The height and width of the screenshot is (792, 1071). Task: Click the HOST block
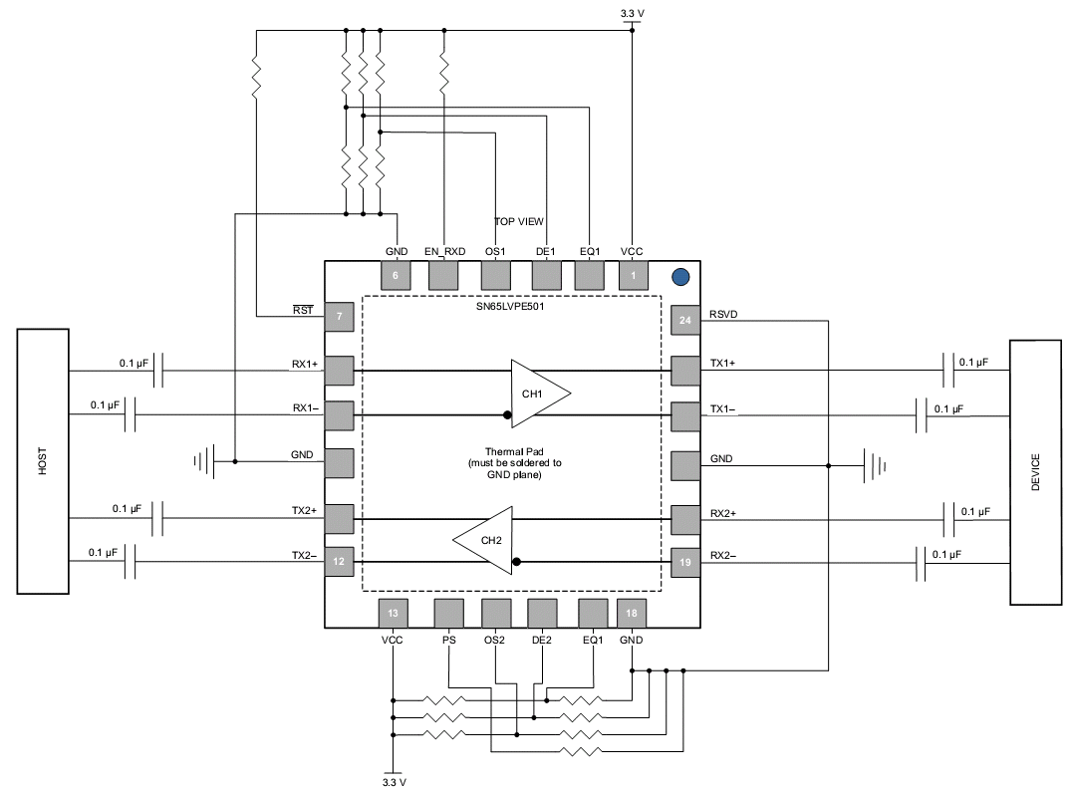coord(43,461)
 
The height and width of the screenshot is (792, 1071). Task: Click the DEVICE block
coord(1035,472)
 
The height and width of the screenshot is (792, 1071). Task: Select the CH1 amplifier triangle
coord(541,394)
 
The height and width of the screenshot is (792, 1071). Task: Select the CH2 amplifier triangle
coord(482,540)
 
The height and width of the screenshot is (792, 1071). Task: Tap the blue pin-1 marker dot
coord(680,277)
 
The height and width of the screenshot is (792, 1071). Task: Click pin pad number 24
coord(685,320)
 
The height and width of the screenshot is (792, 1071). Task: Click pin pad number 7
coord(339,317)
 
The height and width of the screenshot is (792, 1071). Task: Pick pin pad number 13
coord(393,613)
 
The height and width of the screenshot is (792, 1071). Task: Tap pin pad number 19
coord(685,563)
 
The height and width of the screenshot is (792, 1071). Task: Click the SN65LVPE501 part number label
coord(510,307)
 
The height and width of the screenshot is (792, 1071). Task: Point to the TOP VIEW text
coord(519,221)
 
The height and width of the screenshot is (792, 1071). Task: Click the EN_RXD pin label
coord(444,251)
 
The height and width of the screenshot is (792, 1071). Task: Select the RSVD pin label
coord(723,314)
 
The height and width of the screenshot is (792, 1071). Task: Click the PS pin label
coord(448,640)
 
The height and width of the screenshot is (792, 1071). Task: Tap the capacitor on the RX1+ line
coord(158,371)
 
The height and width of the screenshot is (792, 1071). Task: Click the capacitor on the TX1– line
coord(922,415)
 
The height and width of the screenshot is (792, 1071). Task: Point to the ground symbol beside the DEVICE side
coord(875,466)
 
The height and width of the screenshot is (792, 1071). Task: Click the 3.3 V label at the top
coord(633,13)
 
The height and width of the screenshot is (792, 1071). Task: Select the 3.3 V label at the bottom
coord(395,782)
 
